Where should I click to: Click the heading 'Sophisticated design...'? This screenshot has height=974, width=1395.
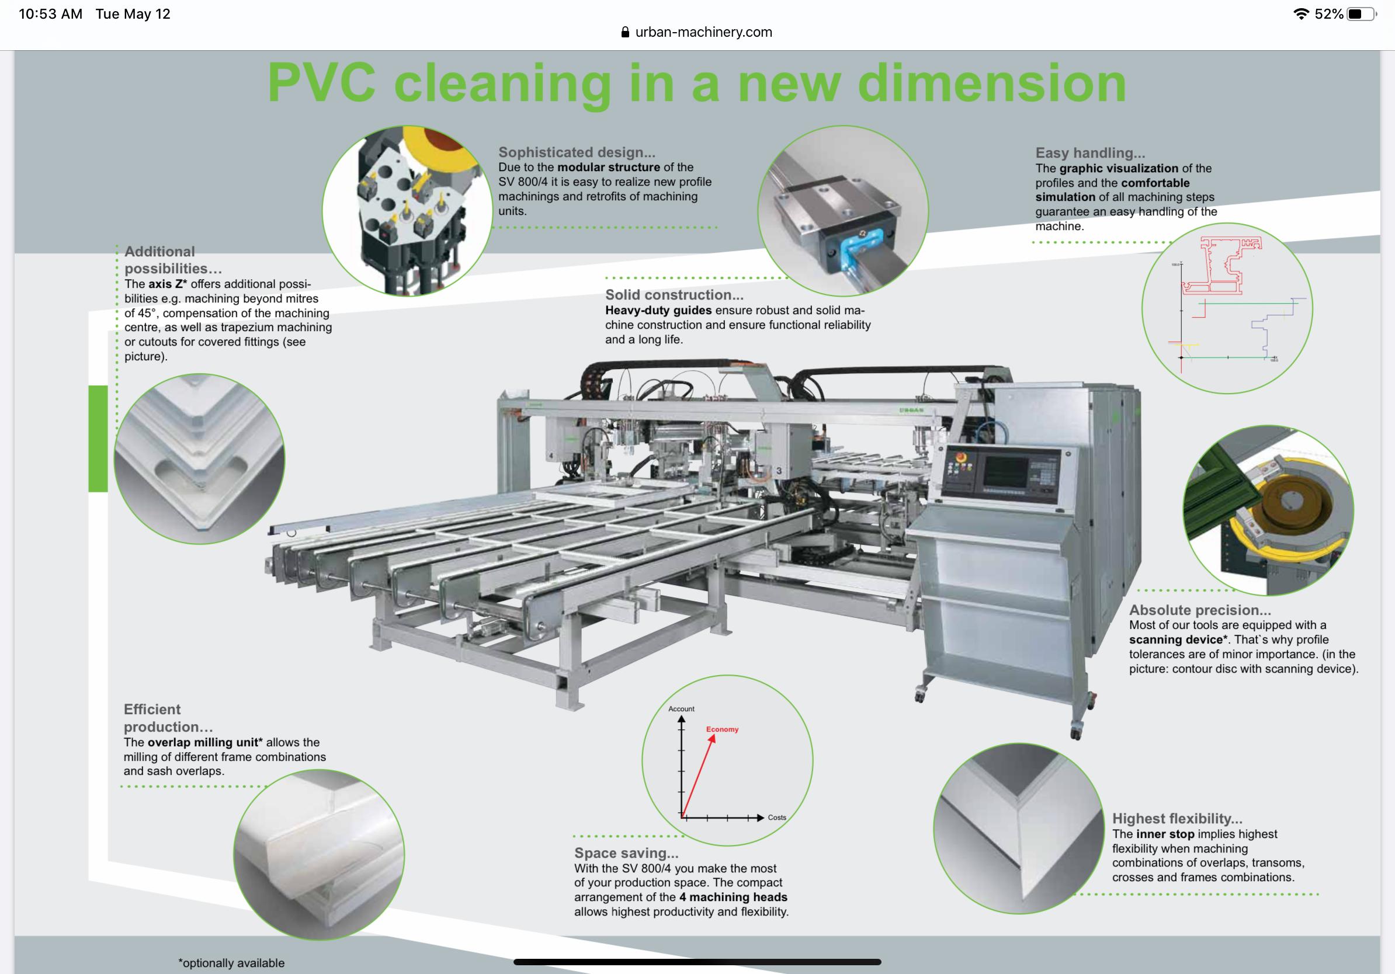click(577, 152)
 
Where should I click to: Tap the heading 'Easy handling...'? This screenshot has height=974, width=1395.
click(1090, 153)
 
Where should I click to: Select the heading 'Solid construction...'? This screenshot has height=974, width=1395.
click(674, 295)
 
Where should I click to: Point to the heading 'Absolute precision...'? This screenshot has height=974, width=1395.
click(1200, 610)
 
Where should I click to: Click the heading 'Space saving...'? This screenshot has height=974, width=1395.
click(626, 853)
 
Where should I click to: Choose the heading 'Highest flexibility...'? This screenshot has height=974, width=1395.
click(1177, 819)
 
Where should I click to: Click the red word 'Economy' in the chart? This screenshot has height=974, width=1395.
click(722, 729)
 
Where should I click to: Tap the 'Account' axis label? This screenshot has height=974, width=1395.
click(681, 709)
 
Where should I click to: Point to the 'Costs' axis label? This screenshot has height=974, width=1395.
click(776, 818)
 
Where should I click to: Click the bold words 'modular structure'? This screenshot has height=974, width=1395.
click(608, 168)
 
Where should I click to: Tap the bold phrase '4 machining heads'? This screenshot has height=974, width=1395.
click(733, 897)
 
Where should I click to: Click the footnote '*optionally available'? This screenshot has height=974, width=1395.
click(231, 963)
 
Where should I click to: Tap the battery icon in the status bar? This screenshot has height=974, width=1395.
click(1361, 14)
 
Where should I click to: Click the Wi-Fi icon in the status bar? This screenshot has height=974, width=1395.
click(1301, 14)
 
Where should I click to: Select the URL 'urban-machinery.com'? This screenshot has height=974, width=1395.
click(703, 32)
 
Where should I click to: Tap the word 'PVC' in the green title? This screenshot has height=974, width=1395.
click(321, 84)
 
